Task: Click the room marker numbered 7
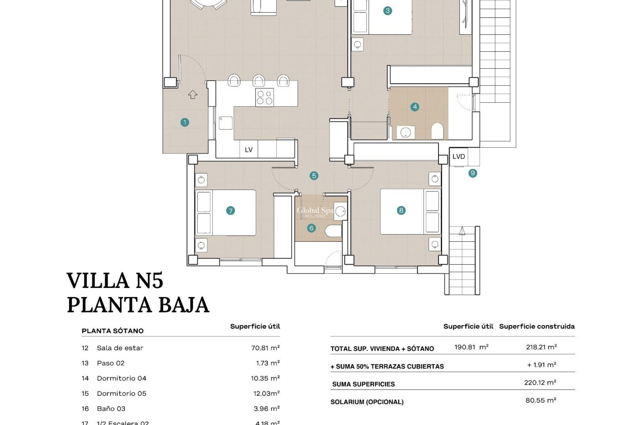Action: (230, 211)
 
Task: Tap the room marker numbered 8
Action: (401, 210)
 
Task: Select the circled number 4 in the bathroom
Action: (415, 107)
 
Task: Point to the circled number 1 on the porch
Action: (185, 123)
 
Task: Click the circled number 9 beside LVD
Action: (473, 173)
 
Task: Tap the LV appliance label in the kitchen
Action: (248, 150)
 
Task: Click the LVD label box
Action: (459, 156)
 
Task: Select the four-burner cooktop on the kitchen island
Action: (264, 97)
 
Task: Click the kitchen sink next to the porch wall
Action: (226, 123)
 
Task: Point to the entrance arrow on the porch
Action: (193, 95)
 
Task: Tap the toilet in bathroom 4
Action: (437, 131)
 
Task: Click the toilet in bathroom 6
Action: (333, 231)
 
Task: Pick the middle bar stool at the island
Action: (259, 81)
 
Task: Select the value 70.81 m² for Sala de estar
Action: (265, 348)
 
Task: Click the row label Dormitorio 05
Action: (121, 393)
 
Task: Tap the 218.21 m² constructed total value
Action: (541, 347)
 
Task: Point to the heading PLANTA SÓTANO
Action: (112, 331)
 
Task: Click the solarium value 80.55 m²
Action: (540, 400)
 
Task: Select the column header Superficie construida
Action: (536, 326)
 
